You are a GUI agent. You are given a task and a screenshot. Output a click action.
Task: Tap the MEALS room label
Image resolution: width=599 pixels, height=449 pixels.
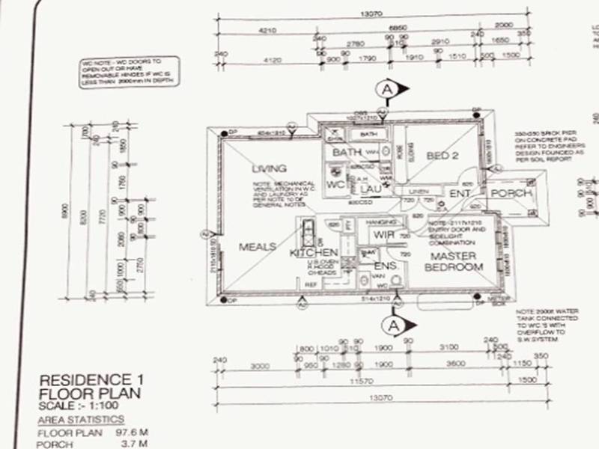tap(258, 247)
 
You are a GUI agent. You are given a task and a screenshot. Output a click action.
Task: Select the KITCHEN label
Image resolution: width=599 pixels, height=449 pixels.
tap(314, 253)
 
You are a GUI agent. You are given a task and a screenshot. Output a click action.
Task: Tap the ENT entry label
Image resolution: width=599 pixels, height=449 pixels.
tap(459, 194)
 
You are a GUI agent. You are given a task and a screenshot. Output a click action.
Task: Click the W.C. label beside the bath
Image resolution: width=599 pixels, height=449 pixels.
tap(335, 184)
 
